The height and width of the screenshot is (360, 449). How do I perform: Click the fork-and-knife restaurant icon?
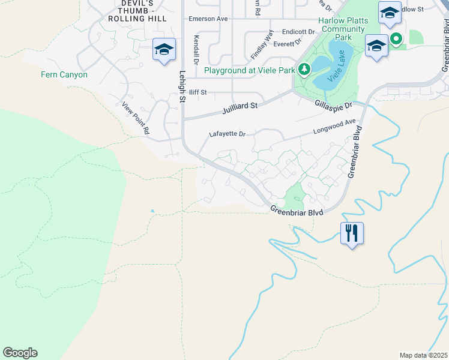[352, 233]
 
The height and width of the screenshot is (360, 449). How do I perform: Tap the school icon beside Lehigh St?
[164, 50]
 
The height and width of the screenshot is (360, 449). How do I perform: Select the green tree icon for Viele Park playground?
[304, 70]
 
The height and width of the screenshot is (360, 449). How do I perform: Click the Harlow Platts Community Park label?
[343, 28]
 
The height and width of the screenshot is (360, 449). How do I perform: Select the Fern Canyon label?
[64, 75]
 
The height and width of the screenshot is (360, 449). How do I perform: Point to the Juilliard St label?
[240, 106]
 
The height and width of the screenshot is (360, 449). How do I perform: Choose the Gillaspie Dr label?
[332, 104]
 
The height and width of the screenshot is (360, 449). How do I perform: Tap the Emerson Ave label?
[208, 19]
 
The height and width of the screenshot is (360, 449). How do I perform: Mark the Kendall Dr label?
[196, 50]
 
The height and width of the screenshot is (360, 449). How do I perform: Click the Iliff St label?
[197, 92]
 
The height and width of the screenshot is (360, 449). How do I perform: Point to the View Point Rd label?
[135, 118]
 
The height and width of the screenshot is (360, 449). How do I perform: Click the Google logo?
[20, 353]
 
